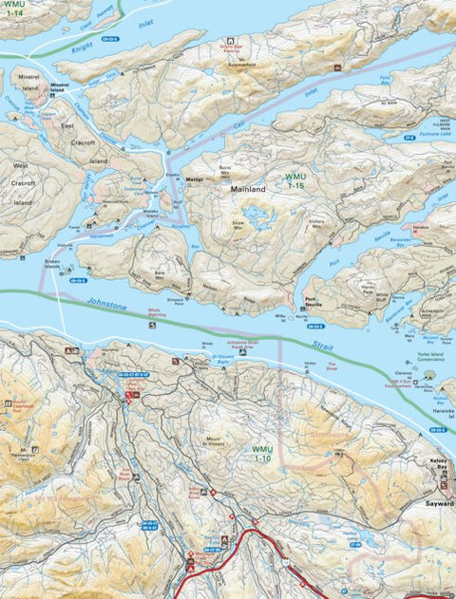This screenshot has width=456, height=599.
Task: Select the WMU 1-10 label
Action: point(261,453)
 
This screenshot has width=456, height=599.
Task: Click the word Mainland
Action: point(248,190)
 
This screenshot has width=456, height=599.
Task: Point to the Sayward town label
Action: point(440,504)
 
